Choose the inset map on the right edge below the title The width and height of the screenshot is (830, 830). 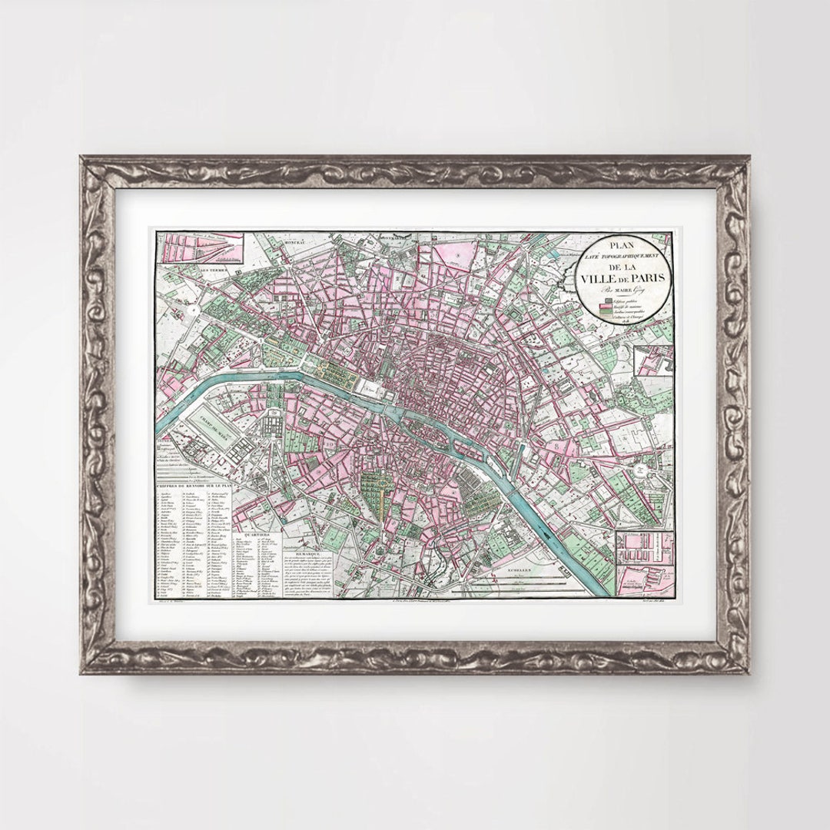pyautogui.click(x=653, y=360)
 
